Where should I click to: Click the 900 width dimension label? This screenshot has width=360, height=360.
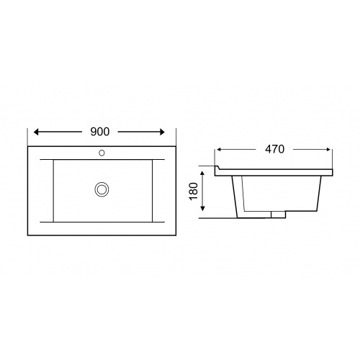point(100,132)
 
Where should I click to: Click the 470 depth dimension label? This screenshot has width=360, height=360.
point(274,149)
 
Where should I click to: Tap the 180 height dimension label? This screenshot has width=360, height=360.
point(194,191)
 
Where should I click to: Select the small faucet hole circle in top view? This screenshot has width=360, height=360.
point(102,153)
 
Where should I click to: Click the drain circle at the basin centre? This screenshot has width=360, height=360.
point(102,189)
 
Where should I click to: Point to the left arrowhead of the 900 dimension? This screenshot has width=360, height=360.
point(36,132)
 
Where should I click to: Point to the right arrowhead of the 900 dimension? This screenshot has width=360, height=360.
point(163,132)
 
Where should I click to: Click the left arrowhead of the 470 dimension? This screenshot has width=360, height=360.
point(219,150)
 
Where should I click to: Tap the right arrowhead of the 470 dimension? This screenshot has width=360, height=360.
point(328,150)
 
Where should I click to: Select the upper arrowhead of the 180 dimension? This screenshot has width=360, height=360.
point(203,174)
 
